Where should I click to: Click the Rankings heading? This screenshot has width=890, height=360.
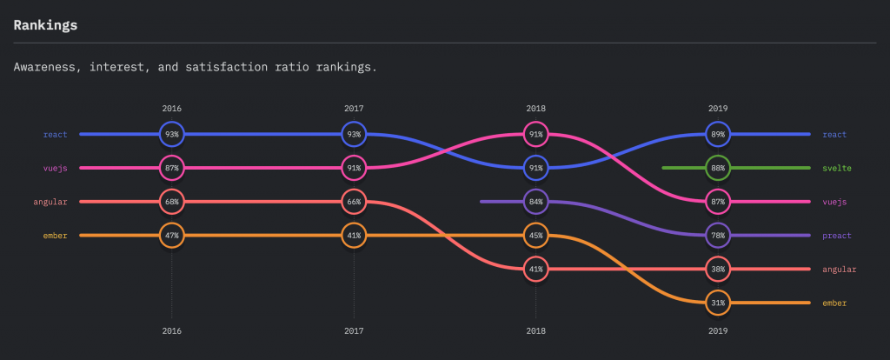coord(45,25)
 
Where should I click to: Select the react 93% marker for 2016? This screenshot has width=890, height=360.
coord(171,134)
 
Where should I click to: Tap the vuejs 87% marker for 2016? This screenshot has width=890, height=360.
coord(171,168)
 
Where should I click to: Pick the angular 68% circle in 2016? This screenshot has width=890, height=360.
coord(171,202)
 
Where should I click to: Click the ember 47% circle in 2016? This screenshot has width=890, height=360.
coord(171,236)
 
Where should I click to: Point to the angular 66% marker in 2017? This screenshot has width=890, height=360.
coord(354,202)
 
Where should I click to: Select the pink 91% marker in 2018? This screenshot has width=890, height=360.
coord(535,134)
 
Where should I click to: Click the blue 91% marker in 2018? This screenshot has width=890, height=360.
coord(535,168)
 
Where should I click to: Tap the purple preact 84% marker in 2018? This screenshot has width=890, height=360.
coord(535,202)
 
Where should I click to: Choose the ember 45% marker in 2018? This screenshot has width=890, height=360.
coord(535,236)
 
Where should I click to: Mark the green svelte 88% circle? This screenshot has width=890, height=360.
coord(718,168)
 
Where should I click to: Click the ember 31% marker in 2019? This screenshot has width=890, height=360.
coord(718,303)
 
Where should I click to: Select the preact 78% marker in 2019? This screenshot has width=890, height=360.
coord(718,236)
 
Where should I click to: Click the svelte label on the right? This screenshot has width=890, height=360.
coord(837,168)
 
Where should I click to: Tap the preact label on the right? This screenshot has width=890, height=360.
coord(837,236)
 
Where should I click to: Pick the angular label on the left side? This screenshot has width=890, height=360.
coord(50,202)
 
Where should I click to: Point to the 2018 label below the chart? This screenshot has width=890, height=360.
coord(535,331)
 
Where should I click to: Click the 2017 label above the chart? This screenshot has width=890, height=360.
coord(354,109)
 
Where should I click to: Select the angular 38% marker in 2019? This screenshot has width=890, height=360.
coord(718,270)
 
